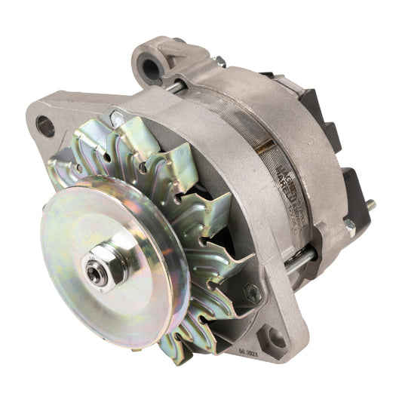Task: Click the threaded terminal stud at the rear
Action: coord(370,204)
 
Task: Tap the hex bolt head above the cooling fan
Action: coord(118,118)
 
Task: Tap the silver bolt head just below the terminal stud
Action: coord(350,226)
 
